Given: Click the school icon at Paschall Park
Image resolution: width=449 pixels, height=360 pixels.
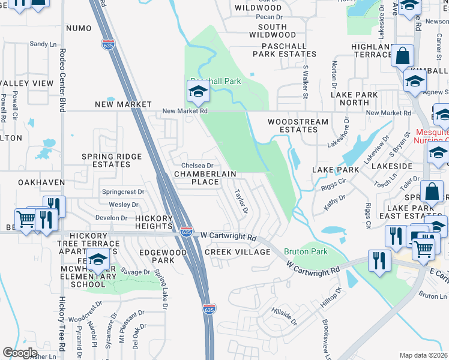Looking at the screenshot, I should click(197, 92).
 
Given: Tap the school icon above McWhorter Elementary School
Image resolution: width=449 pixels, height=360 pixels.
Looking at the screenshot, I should click(97, 260).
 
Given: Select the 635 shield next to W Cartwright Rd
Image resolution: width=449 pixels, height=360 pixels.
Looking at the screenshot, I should click(186, 230).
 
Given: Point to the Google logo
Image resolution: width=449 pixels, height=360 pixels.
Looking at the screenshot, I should click(20, 353).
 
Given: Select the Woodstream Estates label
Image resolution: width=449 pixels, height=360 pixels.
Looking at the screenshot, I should click(298, 125).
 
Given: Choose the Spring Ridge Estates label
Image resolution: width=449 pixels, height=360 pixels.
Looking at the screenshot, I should click(112, 160).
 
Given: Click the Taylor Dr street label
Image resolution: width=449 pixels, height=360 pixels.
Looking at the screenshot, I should click(241, 202).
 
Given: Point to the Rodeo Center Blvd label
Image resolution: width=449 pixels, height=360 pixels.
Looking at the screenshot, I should click(62, 80).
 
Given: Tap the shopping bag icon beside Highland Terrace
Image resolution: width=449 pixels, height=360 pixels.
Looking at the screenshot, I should click(402, 56).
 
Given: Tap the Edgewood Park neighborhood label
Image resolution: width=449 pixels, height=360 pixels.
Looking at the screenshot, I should click(163, 257).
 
